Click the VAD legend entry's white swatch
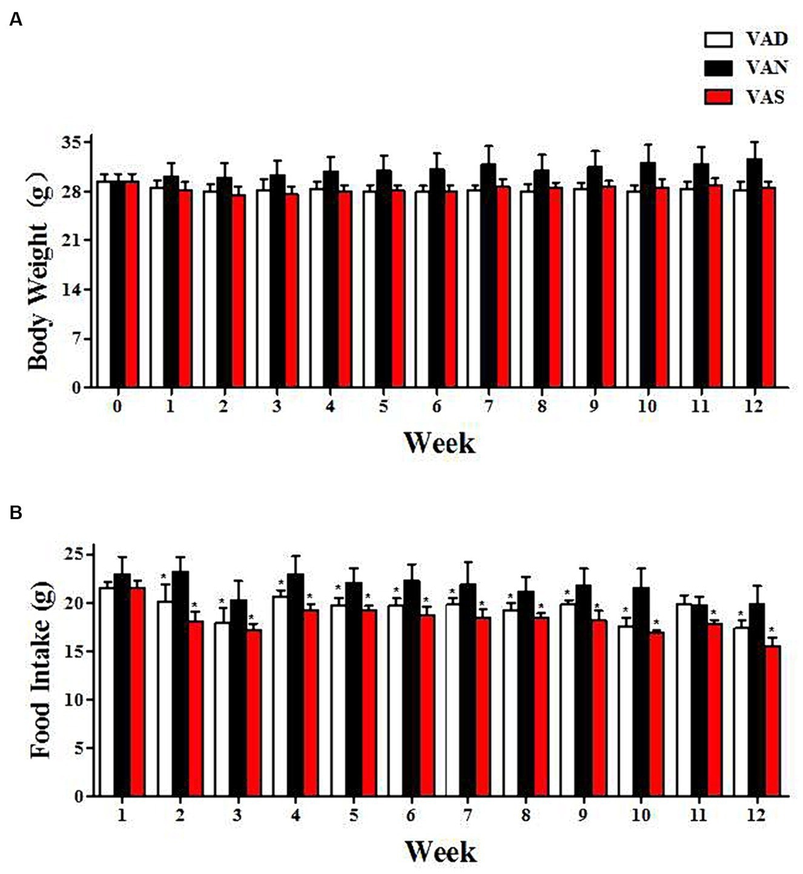tap(718, 40)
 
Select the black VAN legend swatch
tap(718, 68)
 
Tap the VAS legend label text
tap(765, 96)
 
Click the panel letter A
tap(16, 20)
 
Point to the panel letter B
tap(16, 513)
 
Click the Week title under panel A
tap(439, 443)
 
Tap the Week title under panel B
tap(440, 851)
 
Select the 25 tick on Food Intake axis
tap(75, 555)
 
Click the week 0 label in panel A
tap(117, 406)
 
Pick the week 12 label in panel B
tap(756, 815)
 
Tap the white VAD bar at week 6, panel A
tap(422, 289)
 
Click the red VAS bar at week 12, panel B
tap(772, 721)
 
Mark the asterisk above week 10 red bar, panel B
tap(656, 622)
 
